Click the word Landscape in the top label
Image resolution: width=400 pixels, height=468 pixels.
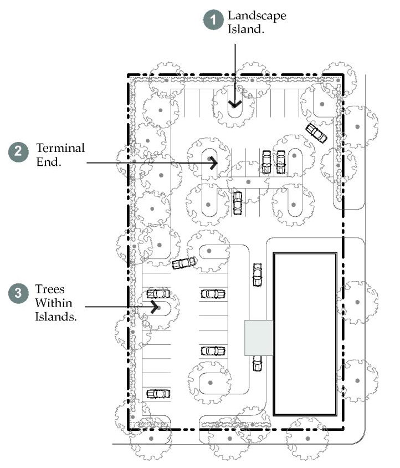click(257, 16)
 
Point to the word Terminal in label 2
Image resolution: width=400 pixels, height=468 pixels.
click(60, 148)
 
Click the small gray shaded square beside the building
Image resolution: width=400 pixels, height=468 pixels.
click(259, 337)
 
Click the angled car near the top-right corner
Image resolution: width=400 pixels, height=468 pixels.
click(316, 133)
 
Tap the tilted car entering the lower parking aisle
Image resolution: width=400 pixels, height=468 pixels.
click(184, 263)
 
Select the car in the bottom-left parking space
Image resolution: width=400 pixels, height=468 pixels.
click(158, 394)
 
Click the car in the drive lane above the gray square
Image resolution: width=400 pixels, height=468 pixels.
click(257, 274)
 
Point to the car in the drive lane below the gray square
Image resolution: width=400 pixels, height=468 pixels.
click(257, 363)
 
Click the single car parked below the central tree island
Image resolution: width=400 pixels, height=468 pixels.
click(238, 202)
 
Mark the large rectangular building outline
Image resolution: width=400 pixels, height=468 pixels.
click(305, 335)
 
